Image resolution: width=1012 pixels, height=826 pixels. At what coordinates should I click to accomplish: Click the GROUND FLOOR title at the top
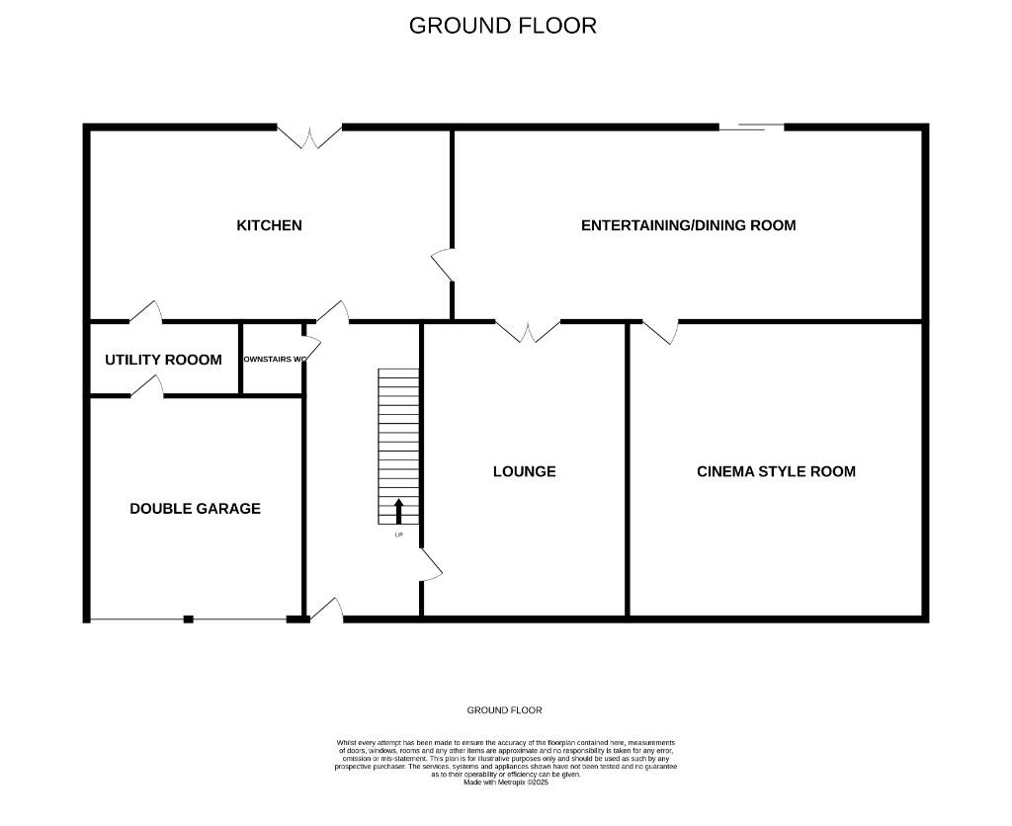coord(503,26)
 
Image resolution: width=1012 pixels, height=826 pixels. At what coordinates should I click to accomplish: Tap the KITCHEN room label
coord(269,225)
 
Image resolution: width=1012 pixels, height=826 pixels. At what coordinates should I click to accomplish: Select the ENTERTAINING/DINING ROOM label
coord(688,225)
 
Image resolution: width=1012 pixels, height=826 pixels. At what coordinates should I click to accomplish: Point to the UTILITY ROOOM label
coord(163,360)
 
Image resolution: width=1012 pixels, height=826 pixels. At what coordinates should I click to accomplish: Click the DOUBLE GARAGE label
coord(195,509)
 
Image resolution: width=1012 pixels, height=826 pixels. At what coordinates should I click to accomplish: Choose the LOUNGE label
coord(524,471)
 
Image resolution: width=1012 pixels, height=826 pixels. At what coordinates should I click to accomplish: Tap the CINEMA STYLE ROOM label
coord(776,471)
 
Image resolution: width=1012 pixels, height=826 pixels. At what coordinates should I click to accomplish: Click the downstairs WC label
coord(273,359)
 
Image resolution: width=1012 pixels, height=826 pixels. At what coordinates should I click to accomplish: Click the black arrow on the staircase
coord(399,510)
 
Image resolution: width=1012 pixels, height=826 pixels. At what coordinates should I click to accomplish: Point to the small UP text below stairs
coord(398,536)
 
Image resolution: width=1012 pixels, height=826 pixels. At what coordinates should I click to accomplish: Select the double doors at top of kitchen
coord(309,136)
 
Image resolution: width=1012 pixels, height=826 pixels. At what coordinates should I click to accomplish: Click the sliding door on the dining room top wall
coord(751,126)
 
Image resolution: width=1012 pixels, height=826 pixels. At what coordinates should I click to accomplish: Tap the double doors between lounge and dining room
coord(528,331)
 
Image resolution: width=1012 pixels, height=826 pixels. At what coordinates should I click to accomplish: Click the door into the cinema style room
coord(661,331)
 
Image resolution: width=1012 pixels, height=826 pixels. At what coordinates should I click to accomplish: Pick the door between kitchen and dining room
coord(443,265)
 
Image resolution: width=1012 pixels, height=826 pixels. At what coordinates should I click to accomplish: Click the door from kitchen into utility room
coord(145,312)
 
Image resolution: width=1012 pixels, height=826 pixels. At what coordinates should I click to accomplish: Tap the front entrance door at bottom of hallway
coord(327,611)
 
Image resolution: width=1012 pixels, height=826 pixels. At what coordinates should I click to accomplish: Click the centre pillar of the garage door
coord(188,619)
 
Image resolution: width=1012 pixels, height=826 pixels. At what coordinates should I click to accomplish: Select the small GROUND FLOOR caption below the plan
coord(504,710)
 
